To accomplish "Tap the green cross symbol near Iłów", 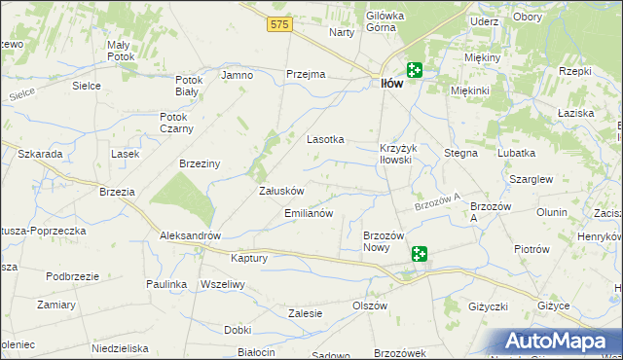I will (415, 69).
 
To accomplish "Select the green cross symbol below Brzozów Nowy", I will (419, 255).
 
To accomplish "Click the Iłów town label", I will (389, 84).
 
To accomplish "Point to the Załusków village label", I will (281, 192).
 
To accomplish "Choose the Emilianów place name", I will (309, 213).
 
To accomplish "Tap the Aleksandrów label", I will (191, 236).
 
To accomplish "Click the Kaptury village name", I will (248, 259).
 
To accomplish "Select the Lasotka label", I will (326, 139).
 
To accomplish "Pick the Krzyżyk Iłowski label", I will (396, 154).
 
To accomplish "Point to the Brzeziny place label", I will (200, 164).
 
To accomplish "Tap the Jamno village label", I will (238, 75).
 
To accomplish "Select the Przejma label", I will (304, 75).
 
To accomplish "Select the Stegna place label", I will (460, 154).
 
